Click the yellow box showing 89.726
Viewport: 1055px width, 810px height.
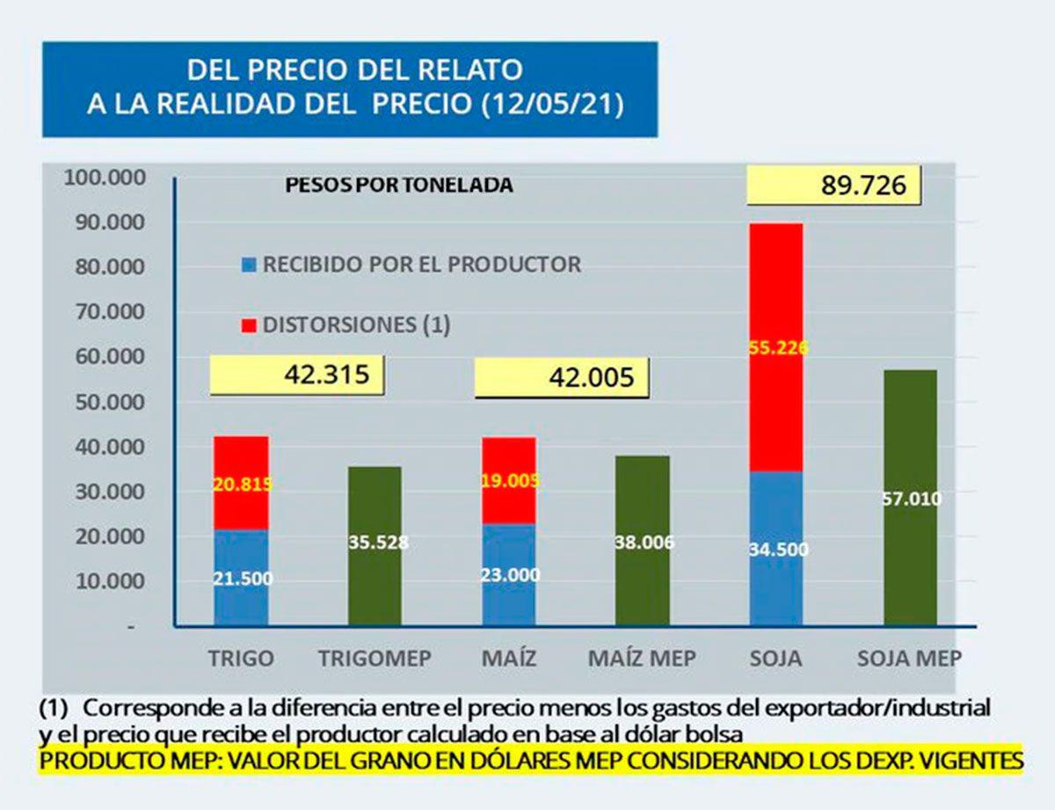pos(833,186)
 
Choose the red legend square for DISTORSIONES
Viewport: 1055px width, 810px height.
pos(249,326)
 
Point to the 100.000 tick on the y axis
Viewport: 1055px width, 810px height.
pos(105,178)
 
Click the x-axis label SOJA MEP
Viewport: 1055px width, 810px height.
pos(909,658)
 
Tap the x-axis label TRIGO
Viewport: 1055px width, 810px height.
pos(241,658)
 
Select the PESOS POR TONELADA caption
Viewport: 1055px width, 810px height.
pos(399,186)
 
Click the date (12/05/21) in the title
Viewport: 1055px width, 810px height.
pos(553,104)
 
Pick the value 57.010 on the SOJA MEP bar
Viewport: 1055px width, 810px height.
pos(910,500)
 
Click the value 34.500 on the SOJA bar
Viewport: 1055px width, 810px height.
pos(776,550)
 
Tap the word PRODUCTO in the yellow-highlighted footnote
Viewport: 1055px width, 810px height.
pos(93,761)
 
